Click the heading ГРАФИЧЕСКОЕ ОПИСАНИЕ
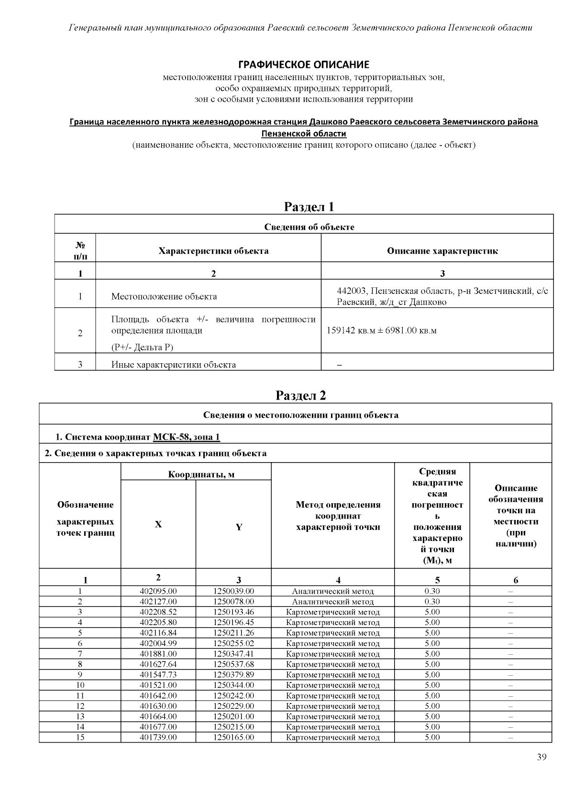click(304, 65)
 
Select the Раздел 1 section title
click(309, 206)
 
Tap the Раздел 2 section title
click(301, 396)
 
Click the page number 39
click(541, 757)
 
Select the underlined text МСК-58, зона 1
click(186, 437)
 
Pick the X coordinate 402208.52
click(158, 612)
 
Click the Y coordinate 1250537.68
click(233, 664)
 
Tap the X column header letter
click(158, 525)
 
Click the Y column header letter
click(239, 527)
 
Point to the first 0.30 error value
click(432, 591)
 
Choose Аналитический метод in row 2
click(333, 602)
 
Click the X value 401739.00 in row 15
click(158, 737)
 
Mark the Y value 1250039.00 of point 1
click(233, 591)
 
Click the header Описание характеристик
click(442, 251)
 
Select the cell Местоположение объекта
click(164, 296)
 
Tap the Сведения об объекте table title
click(309, 227)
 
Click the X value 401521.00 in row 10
click(158, 685)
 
